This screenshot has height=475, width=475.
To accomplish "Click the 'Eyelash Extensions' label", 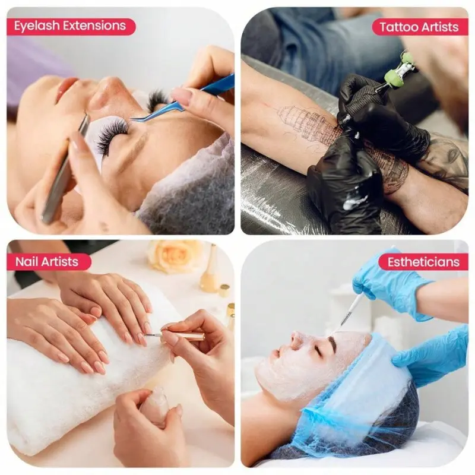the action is tap(70, 26).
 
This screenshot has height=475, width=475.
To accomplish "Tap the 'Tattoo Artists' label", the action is tap(419, 27).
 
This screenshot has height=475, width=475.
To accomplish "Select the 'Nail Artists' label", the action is tap(47, 261).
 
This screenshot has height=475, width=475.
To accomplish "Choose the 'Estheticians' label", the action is tap(423, 262).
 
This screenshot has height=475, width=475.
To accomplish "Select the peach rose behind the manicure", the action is tap(173, 256).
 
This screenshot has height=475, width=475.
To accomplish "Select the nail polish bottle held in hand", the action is tap(154, 407).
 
